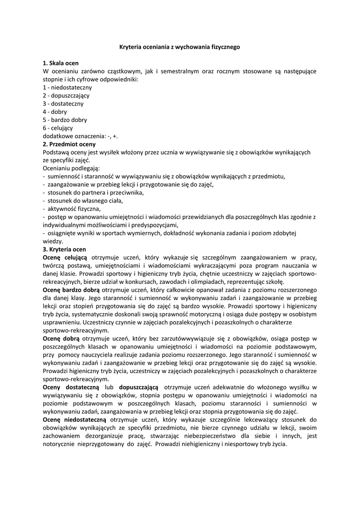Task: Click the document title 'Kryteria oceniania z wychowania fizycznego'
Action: pyautogui.click(x=180, y=47)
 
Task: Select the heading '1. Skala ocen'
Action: pyautogui.click(x=61, y=63)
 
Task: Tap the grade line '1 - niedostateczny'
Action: pyautogui.click(x=67, y=87)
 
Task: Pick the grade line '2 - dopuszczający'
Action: pyautogui.click(x=66, y=95)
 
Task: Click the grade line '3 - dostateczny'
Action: pyautogui.click(x=63, y=103)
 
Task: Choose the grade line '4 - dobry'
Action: pyautogui.click(x=56, y=112)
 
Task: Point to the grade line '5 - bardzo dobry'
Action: pyautogui.click(x=65, y=120)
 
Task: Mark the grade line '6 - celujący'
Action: pyautogui.click(x=58, y=127)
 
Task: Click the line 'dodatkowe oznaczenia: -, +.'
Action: pyautogui.click(x=80, y=135)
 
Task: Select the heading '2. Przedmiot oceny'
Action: pyautogui.click(x=69, y=144)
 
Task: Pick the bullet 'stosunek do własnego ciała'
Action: pyautogui.click(x=83, y=200)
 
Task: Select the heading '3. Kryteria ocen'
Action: pyautogui.click(x=65, y=249)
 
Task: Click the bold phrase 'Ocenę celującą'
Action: pyautogui.click(x=65, y=257)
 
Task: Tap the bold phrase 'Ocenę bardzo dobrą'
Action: pyautogui.click(x=71, y=289)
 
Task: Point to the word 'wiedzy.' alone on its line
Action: pyautogui.click(x=53, y=241)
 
